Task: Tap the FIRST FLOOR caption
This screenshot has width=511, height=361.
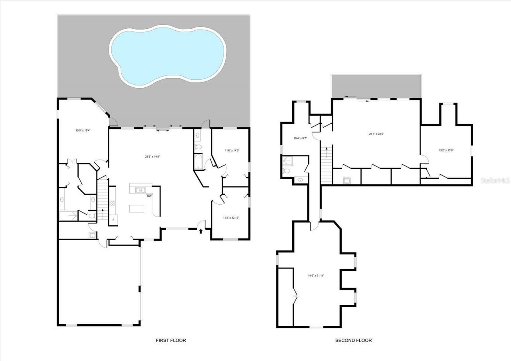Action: [171, 340]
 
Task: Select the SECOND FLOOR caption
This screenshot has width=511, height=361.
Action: [353, 340]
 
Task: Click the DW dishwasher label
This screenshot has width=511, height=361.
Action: [149, 196]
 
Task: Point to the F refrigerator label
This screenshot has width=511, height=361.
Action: [113, 219]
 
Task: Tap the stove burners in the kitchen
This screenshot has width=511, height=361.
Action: [113, 203]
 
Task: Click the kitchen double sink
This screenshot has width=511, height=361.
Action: [140, 190]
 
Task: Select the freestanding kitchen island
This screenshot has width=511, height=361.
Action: [137, 209]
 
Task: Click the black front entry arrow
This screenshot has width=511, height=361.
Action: [200, 231]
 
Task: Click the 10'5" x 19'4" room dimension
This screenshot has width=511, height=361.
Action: [83, 130]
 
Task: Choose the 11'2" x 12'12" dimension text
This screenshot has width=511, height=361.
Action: [231, 217]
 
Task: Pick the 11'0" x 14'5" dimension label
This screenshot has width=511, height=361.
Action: [232, 150]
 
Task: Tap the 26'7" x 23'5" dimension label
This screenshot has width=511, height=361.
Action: [376, 134]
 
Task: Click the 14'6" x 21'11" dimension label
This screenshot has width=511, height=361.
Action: [315, 275]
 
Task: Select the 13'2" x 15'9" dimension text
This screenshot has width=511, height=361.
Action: [446, 150]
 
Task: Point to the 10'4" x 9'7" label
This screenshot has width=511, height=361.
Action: [300, 138]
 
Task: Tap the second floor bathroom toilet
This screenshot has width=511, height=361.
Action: [286, 171]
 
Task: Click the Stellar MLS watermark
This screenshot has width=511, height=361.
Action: [495, 180]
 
